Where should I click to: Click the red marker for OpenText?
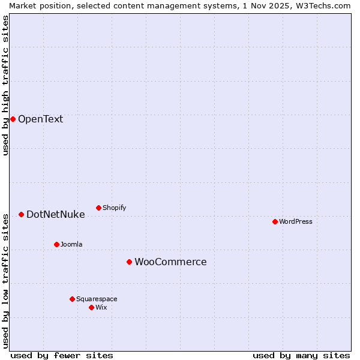pos(13,119)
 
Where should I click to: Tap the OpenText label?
pos(40,119)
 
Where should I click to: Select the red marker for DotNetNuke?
pos(21,214)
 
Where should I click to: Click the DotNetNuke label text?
pos(55,214)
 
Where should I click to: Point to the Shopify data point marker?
pos(98,208)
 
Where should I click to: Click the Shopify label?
pos(114,208)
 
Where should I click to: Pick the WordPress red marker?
pos(275,221)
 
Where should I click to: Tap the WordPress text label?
pos(295,221)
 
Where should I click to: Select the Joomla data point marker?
pos(56,244)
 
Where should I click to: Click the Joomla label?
pos(71,244)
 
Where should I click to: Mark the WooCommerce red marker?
pos(129,262)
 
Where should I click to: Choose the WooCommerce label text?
pos(170,262)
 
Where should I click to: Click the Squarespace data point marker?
pos(72,299)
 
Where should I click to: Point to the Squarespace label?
pos(97,299)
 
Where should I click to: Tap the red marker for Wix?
pos(91,307)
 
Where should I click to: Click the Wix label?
pos(101,307)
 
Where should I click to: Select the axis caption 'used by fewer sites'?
pos(62,355)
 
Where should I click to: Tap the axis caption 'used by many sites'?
pos(301,355)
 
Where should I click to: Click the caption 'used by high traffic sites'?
pos(5,85)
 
